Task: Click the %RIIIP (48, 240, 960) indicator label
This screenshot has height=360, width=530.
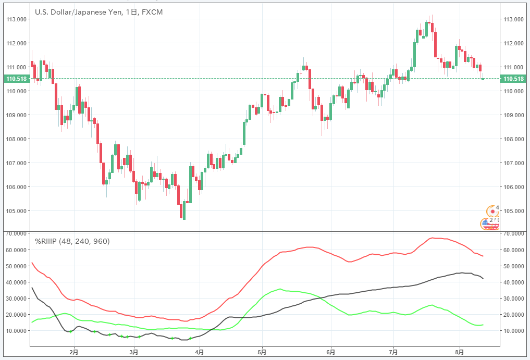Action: [72, 241]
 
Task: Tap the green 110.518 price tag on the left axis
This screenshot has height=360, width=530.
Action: [16, 79]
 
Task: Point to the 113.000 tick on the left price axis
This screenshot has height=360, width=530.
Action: [16, 19]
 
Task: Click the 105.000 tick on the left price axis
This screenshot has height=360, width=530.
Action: [16, 211]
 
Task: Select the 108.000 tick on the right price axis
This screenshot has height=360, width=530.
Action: [513, 139]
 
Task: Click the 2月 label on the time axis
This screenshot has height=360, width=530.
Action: [73, 353]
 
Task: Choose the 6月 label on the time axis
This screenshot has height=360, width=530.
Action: [330, 353]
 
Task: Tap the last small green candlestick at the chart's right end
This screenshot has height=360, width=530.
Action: [483, 79]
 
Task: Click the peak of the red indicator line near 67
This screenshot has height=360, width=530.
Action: [432, 238]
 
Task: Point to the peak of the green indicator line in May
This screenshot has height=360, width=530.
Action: [280, 289]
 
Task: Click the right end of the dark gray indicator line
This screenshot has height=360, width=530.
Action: [483, 278]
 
